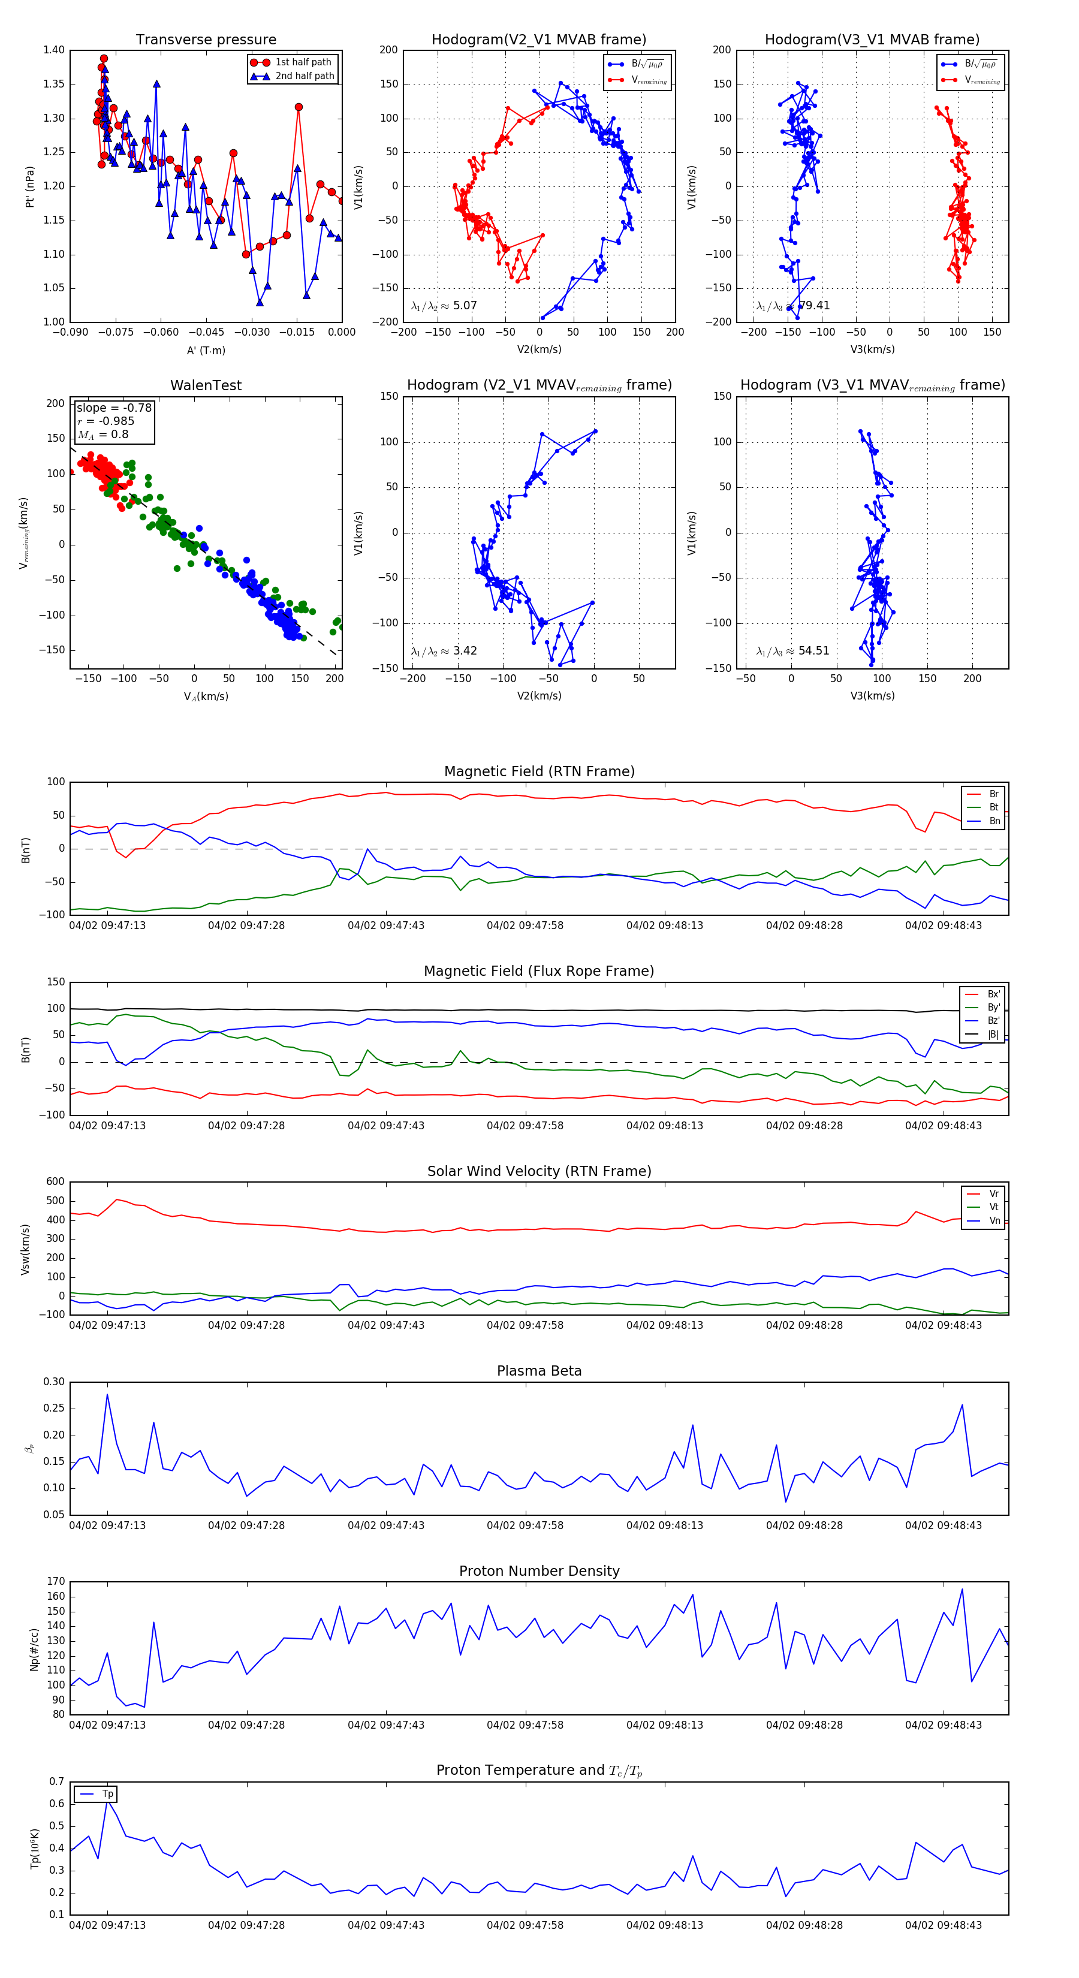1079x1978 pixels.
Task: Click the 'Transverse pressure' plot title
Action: click(x=206, y=40)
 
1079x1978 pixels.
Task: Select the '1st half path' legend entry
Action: click(x=303, y=62)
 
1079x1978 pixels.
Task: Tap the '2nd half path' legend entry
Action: click(x=304, y=76)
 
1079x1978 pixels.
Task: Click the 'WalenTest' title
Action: click(x=206, y=385)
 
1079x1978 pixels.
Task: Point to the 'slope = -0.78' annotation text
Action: click(x=114, y=408)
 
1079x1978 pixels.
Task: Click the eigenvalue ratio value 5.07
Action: click(x=465, y=306)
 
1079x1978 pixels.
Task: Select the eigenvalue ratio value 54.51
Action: click(x=813, y=651)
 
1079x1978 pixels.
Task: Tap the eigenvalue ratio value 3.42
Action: click(x=465, y=651)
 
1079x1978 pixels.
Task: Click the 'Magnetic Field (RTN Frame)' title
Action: click(x=539, y=771)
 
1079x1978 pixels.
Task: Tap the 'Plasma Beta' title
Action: click(x=539, y=1371)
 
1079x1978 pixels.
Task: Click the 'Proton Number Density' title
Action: click(x=539, y=1571)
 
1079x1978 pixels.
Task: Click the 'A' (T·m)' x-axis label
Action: click(x=206, y=351)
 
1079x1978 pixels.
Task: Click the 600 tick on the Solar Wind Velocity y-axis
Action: click(x=55, y=1183)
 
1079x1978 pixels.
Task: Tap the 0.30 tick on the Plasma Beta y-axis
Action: click(x=54, y=1382)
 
